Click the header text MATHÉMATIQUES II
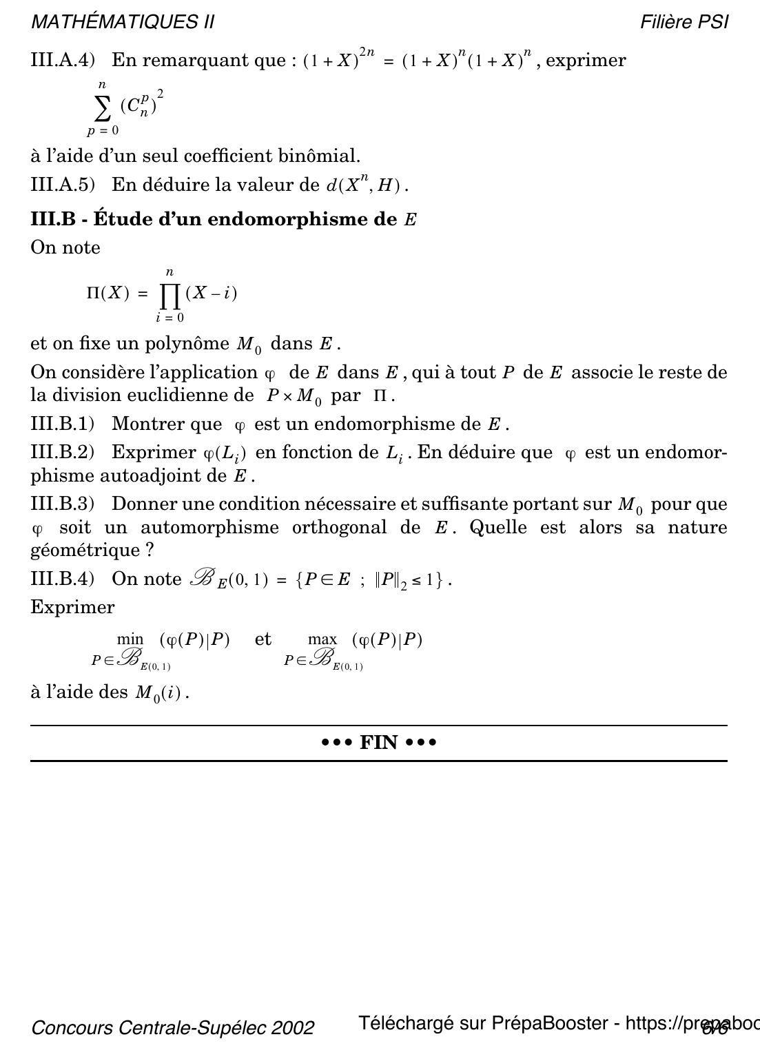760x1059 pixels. (123, 23)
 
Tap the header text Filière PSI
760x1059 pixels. (684, 23)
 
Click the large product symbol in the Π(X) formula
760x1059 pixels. (170, 295)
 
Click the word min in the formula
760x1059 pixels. (130, 639)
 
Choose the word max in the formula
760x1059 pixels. (322, 639)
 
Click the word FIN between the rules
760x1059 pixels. (379, 743)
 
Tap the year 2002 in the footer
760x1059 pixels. (294, 1028)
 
